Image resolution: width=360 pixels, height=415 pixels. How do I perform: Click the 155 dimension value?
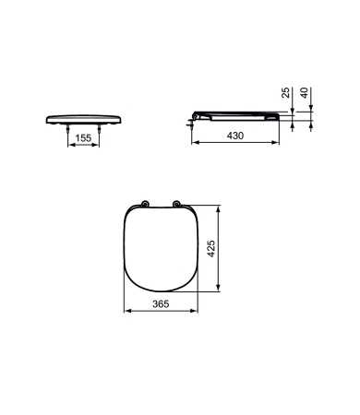[x=83, y=138]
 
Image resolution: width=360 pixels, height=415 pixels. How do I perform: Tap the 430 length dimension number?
[x=235, y=136]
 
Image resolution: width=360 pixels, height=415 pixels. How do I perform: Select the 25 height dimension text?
[x=286, y=92]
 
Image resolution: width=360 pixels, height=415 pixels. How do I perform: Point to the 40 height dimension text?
[x=304, y=93]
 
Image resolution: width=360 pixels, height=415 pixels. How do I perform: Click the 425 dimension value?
[x=211, y=249]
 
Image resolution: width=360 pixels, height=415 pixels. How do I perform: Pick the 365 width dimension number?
[x=161, y=304]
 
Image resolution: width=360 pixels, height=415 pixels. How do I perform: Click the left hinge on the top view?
[x=144, y=204]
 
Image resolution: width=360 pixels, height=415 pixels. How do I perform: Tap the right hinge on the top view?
[x=176, y=204]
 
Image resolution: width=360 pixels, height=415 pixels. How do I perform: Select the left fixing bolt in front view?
[x=67, y=129]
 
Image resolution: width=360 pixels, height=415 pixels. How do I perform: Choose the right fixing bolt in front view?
[x=99, y=129]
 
